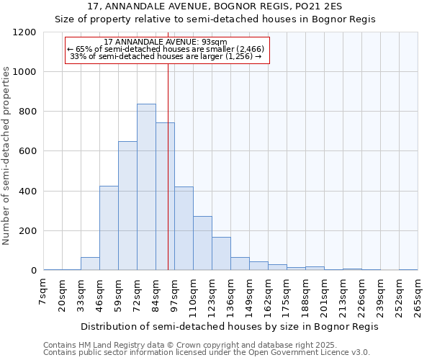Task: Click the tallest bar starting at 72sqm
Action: (146, 187)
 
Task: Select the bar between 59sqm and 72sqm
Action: (127, 206)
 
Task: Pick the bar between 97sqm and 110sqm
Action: (184, 229)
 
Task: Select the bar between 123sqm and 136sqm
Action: (221, 254)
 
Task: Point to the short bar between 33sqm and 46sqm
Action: (90, 264)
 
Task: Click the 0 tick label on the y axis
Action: (33, 271)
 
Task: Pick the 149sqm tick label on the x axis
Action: (249, 295)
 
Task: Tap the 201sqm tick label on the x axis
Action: (324, 295)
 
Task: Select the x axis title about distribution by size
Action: (230, 326)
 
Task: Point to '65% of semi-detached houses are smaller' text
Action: (166, 49)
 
